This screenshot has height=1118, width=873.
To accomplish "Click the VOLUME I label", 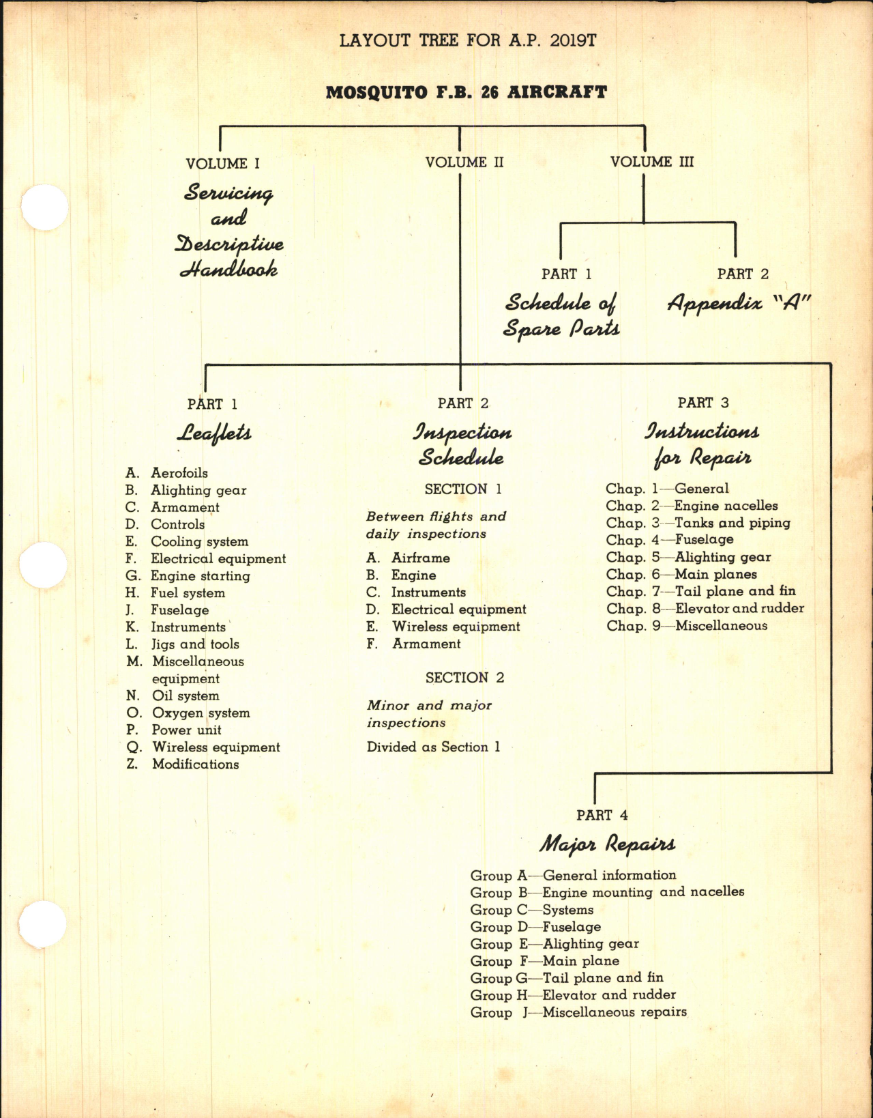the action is coord(222,164).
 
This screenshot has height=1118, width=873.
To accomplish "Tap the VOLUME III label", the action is coord(652,162).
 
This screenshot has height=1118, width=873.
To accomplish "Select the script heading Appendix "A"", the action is coord(739,302).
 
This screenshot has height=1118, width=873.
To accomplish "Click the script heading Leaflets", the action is coord(214,433).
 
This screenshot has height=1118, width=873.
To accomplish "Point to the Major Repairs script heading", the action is coord(607,844).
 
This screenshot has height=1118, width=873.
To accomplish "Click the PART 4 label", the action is coord(602,815).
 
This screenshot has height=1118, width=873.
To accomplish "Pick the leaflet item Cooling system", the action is coord(187,541).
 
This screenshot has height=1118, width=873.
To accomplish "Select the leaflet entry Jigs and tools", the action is coord(183,644).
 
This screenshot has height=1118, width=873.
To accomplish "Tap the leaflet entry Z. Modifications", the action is coord(183,764).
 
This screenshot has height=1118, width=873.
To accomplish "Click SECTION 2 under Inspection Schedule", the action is coord(464,678).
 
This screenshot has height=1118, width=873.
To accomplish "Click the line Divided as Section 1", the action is coord(433,747).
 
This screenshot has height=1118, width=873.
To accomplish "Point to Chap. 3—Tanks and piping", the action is coord(698,523).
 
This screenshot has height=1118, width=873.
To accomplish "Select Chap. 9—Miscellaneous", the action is coord(687,626).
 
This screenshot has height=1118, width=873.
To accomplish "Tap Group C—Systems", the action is coord(531,910).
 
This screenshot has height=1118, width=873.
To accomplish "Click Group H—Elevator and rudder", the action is coord(573,995).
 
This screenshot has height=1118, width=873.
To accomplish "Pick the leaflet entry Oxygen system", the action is coord(188,713).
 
